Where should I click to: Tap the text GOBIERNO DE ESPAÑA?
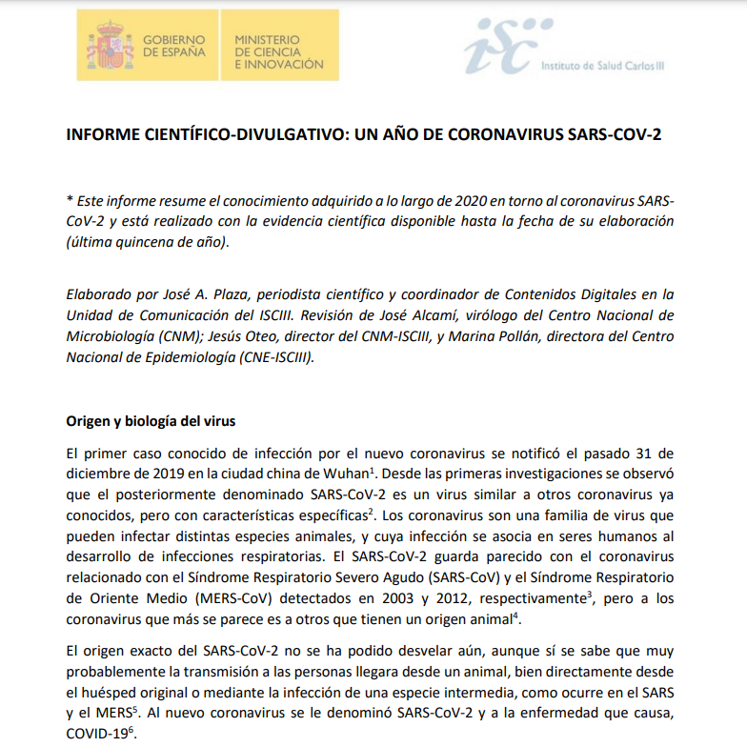pos(173,46)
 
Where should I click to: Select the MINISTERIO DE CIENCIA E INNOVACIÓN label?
pos(278,51)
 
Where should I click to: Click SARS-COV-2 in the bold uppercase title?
pos(613,134)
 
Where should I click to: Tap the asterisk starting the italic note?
pos(70,201)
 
